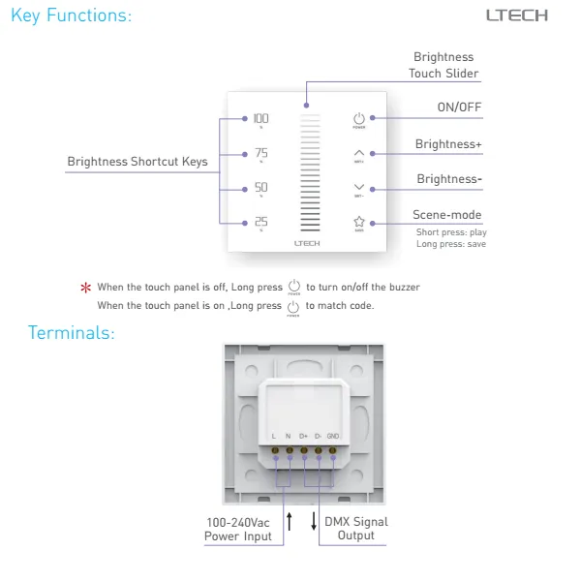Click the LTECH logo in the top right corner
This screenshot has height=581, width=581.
(x=516, y=15)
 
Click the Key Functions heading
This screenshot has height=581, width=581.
(x=71, y=15)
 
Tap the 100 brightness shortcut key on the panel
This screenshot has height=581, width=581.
(x=261, y=119)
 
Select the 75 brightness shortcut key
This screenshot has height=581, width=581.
(x=261, y=154)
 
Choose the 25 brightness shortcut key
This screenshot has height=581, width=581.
(x=261, y=222)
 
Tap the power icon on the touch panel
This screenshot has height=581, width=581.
(x=359, y=118)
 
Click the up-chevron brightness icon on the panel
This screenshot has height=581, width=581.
(x=359, y=153)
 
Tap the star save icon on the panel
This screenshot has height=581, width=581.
(x=359, y=222)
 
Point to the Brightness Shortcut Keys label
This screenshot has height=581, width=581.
(x=137, y=162)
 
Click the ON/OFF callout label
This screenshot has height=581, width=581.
(x=459, y=107)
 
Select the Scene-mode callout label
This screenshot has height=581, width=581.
(x=446, y=215)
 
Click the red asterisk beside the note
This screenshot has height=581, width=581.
(x=85, y=288)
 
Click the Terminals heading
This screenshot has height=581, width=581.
(x=71, y=333)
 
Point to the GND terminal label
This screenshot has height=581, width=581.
(x=332, y=436)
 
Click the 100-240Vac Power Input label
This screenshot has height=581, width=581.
(x=238, y=529)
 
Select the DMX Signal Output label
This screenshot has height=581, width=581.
(x=355, y=529)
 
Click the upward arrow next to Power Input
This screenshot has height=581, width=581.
(x=290, y=523)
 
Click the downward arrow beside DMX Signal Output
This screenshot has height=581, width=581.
(x=314, y=523)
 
